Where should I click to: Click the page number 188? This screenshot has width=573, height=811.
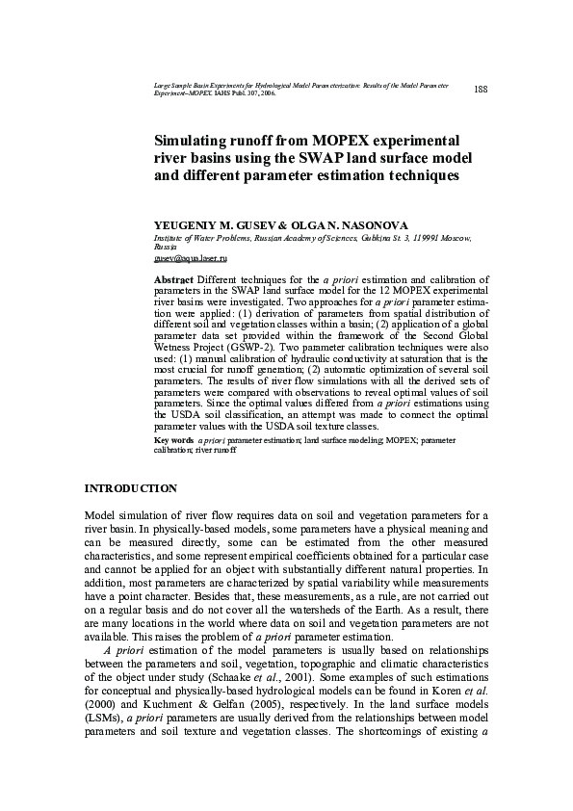click(482, 90)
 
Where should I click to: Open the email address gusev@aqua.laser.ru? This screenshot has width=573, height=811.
click(191, 259)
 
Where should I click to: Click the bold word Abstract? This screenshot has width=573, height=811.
click(173, 278)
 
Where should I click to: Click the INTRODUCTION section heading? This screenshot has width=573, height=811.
click(131, 489)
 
